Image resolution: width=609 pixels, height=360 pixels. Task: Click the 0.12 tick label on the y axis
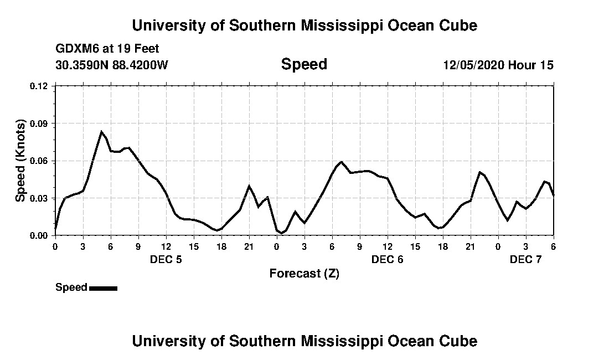click(x=40, y=86)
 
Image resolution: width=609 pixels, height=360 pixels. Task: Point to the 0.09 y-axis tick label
click(x=40, y=123)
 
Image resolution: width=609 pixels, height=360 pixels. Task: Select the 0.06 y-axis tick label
click(x=40, y=161)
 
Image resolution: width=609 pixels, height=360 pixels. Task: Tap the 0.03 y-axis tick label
click(x=40, y=198)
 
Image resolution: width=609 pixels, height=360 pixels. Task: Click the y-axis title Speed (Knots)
click(x=20, y=161)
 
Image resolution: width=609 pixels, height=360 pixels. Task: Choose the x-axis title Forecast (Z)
click(x=304, y=274)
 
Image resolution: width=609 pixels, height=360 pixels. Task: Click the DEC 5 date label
click(x=166, y=259)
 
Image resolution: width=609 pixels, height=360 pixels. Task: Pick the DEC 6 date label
click(x=388, y=259)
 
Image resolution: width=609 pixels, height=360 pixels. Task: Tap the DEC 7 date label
click(x=526, y=259)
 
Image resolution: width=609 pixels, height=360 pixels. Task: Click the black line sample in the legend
click(x=103, y=288)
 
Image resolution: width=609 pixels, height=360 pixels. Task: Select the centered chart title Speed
click(x=304, y=64)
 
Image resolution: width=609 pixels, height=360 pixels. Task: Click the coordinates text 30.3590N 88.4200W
click(x=112, y=65)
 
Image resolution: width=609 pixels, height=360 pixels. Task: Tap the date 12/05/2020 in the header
click(x=473, y=65)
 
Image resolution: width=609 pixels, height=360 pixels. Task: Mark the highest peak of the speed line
click(x=101, y=131)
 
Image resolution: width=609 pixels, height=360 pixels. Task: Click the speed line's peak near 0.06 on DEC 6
click(x=342, y=162)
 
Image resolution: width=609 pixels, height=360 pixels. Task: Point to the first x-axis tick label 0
click(x=55, y=246)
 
